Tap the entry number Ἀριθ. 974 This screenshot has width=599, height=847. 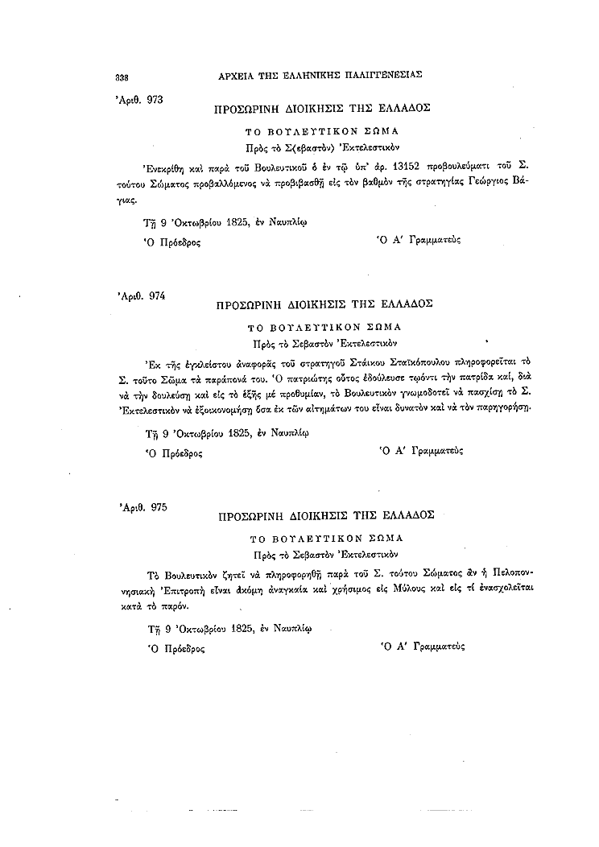pyautogui.click(x=141, y=295)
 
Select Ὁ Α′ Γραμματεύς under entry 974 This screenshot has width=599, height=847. pyautogui.click(x=415, y=452)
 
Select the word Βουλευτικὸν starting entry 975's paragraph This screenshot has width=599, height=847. pyautogui.click(x=200, y=574)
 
